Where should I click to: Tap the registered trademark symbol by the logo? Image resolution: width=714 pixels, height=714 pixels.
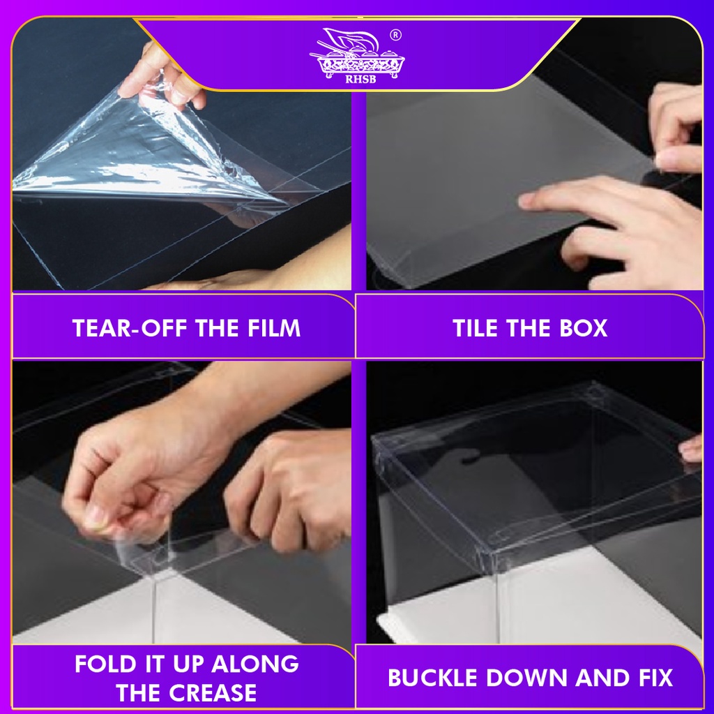coord(396,35)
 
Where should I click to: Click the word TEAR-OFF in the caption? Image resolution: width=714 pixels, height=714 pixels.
coord(130,328)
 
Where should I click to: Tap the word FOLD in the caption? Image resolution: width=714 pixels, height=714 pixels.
coord(106,664)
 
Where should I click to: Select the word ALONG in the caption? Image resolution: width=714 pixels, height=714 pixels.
coord(255,664)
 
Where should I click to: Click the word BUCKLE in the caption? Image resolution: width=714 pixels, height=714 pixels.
coord(433,678)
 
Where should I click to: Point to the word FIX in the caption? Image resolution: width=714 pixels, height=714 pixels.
coord(655,678)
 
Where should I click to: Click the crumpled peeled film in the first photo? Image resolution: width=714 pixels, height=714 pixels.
coord(137,155)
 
